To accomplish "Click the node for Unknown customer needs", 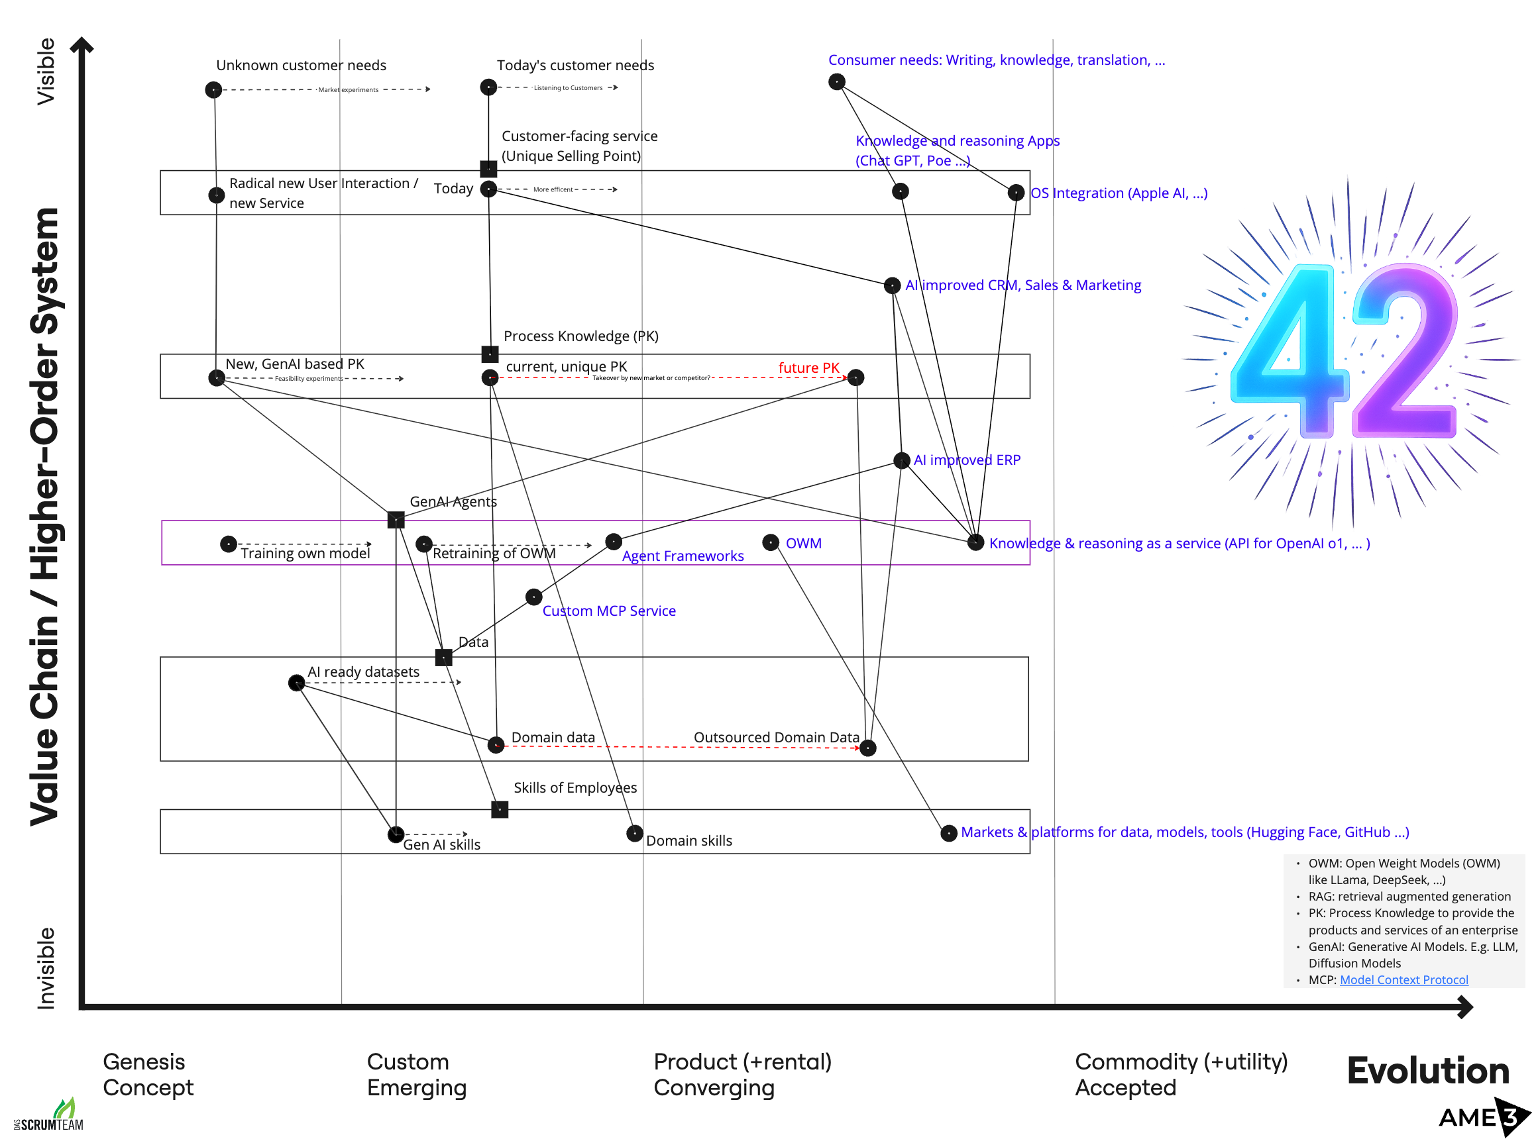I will tap(213, 90).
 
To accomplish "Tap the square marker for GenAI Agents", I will tap(396, 519).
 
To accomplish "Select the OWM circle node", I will tap(771, 543).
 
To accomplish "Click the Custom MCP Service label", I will tap(609, 611).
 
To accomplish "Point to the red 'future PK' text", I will tap(808, 368).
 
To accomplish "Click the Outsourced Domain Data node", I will tap(868, 748).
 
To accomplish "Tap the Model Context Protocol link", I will tap(1403, 980).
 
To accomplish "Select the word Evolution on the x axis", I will tap(1427, 1071).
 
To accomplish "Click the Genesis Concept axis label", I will tap(148, 1075).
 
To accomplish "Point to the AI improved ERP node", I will tap(902, 461).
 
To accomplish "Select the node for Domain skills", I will tap(635, 834).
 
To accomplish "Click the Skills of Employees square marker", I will tap(500, 809).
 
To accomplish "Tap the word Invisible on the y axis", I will tap(46, 968).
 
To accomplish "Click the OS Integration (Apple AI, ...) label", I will tap(1119, 193).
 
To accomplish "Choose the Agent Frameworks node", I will tap(614, 542).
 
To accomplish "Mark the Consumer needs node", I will tap(837, 82).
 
